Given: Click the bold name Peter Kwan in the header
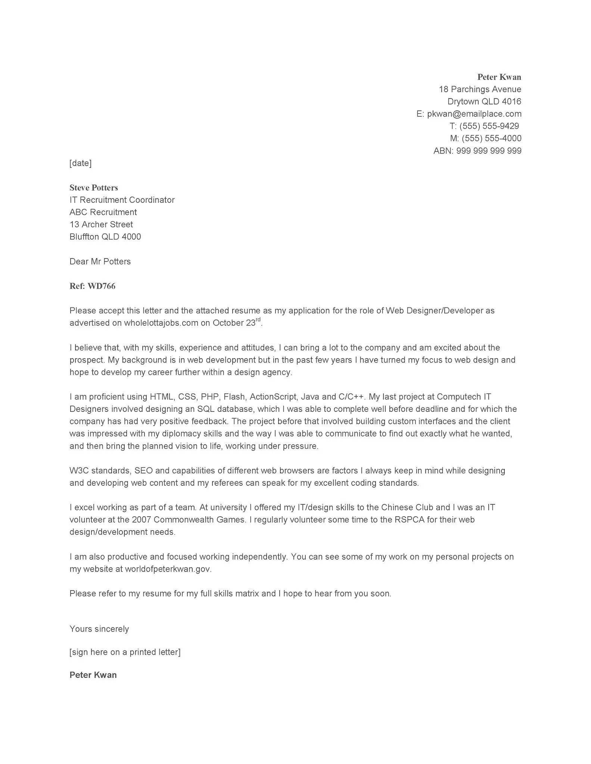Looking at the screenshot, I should coord(499,77).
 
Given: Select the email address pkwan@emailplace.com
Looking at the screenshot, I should coord(474,114).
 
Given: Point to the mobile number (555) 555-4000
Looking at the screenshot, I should coord(491,138).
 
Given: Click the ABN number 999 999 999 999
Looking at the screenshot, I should coord(489,151).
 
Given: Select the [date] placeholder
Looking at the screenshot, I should coord(80,163).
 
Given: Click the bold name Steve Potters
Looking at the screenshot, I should coord(94,188).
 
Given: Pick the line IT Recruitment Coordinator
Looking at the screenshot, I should coord(122,200).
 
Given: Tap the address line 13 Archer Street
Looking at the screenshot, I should coord(101,225).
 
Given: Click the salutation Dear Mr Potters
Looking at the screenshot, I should coord(100,262).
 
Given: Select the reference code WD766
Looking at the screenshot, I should coord(101,286).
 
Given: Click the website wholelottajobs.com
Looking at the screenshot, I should coord(161,323).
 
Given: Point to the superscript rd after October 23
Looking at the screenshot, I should coord(258,320).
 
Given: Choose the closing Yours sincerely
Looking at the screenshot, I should coord(99,629).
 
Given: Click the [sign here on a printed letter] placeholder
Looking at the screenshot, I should coord(125,652).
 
